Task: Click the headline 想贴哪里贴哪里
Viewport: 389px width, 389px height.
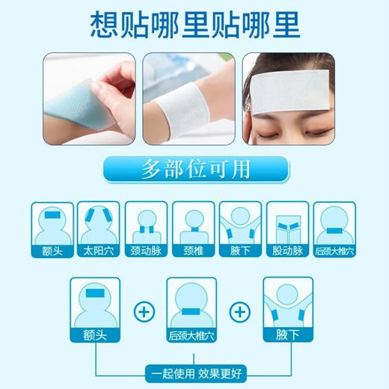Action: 194,24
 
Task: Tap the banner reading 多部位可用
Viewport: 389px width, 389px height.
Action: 194,169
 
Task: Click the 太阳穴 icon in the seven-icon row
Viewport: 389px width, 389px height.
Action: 100,228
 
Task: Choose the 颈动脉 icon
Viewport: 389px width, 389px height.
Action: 147,228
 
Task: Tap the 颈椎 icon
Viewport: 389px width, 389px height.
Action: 194,228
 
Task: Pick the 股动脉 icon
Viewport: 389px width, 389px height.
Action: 287,228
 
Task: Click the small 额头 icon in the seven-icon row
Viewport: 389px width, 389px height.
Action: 53,228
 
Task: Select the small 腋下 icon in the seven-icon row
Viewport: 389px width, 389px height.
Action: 240,228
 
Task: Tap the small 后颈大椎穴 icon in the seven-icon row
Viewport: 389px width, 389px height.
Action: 334,228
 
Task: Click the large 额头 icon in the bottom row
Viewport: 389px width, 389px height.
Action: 94,308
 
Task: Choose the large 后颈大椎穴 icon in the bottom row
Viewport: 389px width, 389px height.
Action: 192,308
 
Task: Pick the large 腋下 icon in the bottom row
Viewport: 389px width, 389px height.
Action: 288,308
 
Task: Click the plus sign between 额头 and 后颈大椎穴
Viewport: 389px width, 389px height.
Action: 143,308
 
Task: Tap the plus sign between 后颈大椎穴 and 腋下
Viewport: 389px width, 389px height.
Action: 240,308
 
